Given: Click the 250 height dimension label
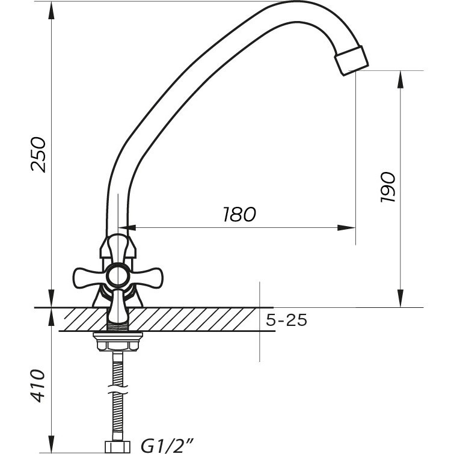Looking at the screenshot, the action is pos(39,155).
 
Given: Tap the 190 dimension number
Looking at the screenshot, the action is pos(388,188).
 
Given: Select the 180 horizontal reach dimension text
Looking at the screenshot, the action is pos(239,214).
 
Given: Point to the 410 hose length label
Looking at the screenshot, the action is pos(39,385).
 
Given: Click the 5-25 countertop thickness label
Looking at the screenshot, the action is pos(286,321).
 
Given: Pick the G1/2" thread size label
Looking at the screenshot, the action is pos(167,446).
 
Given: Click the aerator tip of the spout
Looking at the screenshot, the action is pos(352,61).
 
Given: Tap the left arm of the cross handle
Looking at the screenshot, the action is pos(88,278).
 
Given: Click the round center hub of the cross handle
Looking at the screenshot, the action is pos(118,277).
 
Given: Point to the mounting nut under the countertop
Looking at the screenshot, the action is pos(118,342).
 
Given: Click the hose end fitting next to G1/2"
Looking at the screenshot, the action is pos(118,447).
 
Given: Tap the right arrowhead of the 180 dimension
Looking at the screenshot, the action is pos(346,228).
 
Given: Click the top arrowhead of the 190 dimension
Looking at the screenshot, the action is pos(400,79).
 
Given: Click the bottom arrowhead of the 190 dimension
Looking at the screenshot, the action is pos(400,298).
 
